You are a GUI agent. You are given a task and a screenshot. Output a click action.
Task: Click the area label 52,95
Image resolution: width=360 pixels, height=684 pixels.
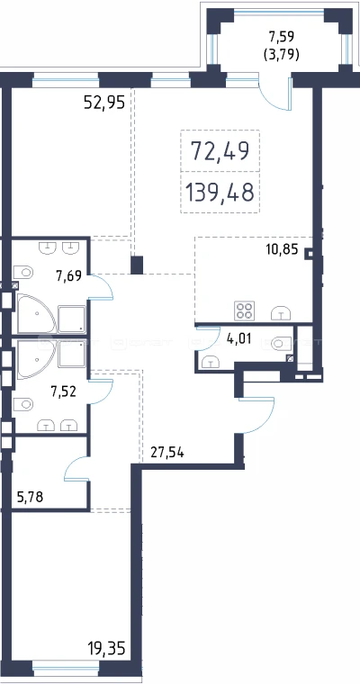tap(103, 103)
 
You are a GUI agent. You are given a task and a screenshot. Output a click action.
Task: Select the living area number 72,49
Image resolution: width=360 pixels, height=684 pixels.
tap(220, 151)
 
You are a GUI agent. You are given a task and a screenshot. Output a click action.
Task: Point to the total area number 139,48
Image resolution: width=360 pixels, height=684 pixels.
tap(220, 192)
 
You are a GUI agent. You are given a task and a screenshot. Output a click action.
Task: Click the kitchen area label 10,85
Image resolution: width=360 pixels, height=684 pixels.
tap(282, 250)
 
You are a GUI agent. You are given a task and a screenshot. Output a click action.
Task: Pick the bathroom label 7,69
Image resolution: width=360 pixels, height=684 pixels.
tap(68, 275)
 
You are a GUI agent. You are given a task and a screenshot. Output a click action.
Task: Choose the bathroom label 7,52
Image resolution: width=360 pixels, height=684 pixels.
tap(64, 391)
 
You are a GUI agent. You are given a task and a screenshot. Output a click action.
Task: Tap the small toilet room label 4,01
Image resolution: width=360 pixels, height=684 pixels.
tap(239, 338)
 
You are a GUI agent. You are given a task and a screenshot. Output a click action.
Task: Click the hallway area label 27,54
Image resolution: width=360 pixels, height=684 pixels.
tap(167, 453)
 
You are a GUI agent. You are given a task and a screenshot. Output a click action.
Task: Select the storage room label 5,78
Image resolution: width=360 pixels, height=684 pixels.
tap(30, 497)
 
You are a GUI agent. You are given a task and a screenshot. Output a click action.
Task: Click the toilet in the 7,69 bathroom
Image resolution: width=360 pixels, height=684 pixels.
tap(23, 272)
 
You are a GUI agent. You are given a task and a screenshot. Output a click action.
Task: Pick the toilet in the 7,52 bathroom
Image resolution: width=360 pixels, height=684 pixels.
tap(23, 404)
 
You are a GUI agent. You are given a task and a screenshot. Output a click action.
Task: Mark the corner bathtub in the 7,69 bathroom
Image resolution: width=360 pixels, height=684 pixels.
tap(36, 313)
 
